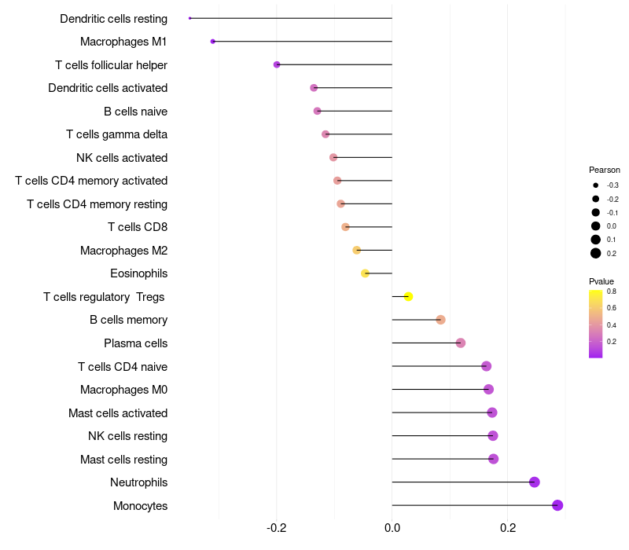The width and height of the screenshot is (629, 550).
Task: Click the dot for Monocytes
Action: tap(557, 505)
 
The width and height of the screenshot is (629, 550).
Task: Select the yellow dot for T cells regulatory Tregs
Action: tap(408, 296)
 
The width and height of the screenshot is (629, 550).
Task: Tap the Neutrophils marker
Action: tap(535, 482)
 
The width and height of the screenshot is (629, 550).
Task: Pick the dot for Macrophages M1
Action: tap(213, 41)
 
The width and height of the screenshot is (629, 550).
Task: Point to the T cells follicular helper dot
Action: tap(277, 64)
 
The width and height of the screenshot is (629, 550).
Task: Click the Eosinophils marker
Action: tap(365, 273)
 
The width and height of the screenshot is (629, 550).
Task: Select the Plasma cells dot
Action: tap(461, 343)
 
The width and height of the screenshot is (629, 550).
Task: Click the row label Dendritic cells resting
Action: tap(113, 18)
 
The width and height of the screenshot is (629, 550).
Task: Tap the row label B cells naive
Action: tap(135, 112)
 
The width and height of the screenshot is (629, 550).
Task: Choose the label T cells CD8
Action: tap(138, 227)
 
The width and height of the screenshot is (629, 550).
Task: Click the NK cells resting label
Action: tap(127, 436)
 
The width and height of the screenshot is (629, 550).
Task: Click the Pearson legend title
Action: tap(604, 170)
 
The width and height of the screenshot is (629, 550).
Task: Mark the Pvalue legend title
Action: tap(601, 281)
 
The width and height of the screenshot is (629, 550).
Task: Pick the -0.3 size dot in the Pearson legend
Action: tap(596, 185)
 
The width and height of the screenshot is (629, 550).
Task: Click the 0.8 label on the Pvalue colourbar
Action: tap(611, 291)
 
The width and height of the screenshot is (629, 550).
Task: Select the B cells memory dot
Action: tap(440, 320)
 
